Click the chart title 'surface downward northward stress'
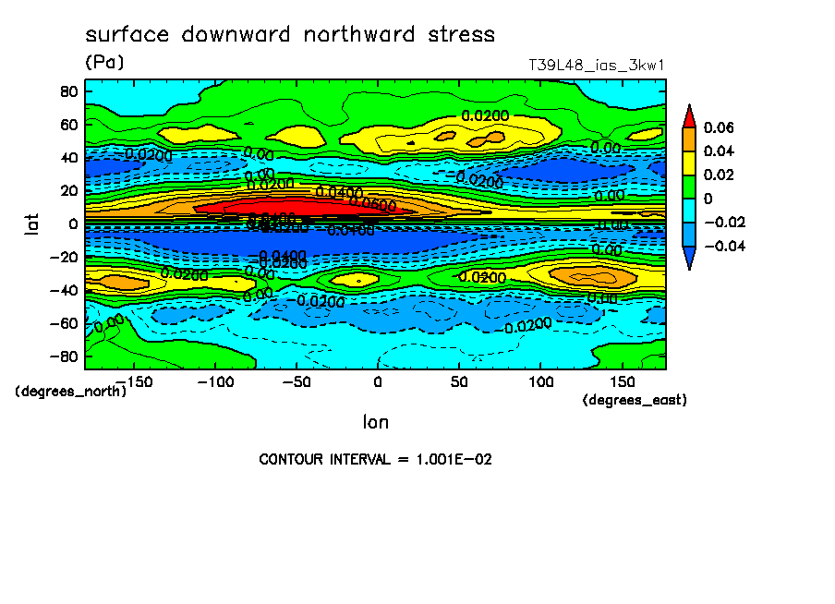290,35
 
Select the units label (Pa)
104,63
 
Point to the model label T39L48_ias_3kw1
597,66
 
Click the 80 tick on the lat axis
67,91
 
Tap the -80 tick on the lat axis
64,356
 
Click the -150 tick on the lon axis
133,381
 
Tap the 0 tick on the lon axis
377,381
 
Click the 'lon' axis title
375,422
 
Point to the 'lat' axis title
32,223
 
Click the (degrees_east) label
635,400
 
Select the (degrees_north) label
71,391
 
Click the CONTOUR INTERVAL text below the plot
375,459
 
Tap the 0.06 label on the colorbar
719,127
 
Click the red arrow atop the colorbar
689,115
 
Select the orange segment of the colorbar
689,139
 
